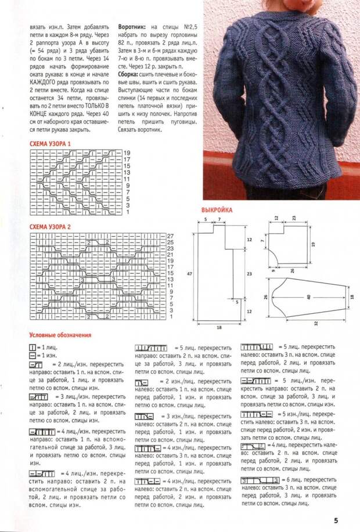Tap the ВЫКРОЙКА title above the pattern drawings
217,210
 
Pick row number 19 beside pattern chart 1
127,152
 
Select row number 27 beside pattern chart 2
171,237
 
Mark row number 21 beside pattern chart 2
171,255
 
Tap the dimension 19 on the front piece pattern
329,245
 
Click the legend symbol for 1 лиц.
33,346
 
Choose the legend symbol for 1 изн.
33,354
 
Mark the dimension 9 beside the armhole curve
272,269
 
